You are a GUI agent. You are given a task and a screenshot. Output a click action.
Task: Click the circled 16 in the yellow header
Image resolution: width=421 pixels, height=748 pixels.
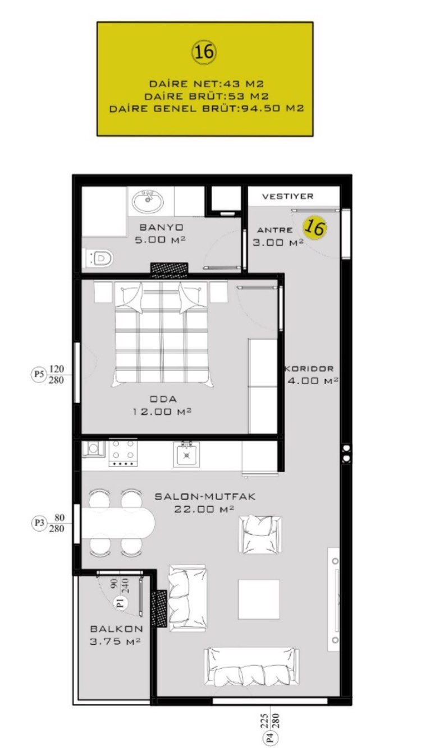[x=204, y=52]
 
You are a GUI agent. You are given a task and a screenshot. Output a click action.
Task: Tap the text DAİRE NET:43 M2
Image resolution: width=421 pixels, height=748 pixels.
[x=207, y=84]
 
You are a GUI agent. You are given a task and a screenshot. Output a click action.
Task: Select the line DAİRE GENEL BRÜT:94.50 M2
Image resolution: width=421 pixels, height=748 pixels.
[x=207, y=109]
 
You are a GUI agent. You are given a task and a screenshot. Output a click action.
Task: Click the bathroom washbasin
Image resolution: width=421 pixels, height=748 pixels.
[x=148, y=201]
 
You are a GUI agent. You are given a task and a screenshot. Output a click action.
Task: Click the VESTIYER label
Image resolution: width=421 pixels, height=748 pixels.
[x=287, y=196]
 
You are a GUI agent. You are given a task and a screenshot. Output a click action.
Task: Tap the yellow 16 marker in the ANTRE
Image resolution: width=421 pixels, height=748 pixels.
[x=315, y=228]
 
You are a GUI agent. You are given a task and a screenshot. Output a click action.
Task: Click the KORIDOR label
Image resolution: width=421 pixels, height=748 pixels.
[x=309, y=368]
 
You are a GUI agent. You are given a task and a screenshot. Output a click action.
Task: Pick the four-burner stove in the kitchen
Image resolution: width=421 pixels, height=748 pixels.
[x=123, y=453]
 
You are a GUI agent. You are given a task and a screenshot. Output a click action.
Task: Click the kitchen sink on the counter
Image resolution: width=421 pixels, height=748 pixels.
[x=186, y=454]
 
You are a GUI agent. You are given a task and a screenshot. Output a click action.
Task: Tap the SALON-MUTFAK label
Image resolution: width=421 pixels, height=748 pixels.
[x=205, y=497]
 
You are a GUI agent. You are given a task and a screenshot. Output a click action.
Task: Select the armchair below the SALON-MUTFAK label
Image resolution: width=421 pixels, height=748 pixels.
[x=260, y=534]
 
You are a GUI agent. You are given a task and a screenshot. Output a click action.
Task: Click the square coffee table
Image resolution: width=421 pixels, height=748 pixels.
[x=258, y=599]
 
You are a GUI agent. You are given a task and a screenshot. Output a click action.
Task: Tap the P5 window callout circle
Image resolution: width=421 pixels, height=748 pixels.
[x=39, y=374]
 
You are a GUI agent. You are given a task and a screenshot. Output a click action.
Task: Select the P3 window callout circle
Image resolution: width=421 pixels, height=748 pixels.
[x=39, y=523]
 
